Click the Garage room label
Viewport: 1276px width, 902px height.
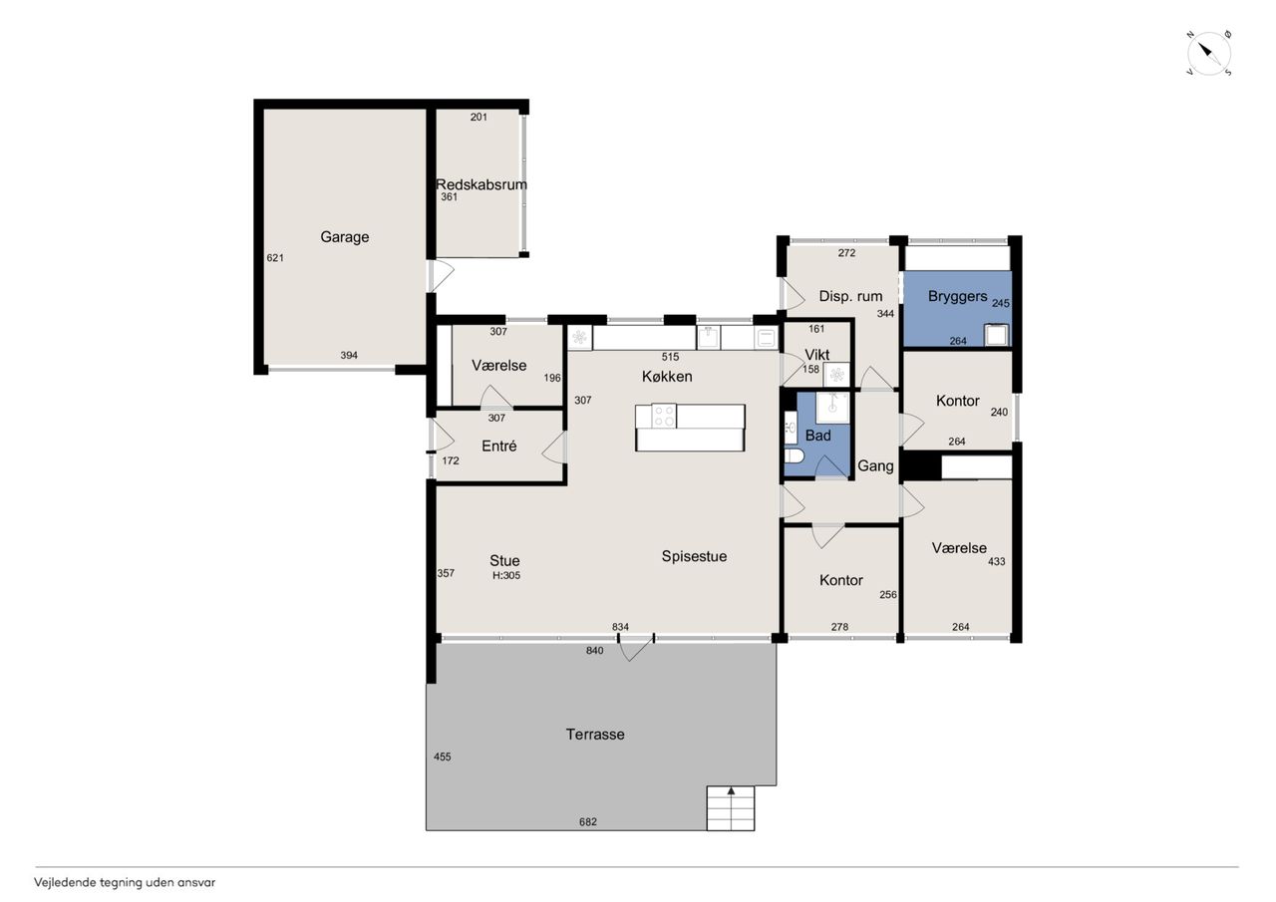pyautogui.click(x=345, y=237)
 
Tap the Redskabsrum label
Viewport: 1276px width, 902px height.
pyautogui.click(x=481, y=184)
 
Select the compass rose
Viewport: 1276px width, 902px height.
pyautogui.click(x=1209, y=54)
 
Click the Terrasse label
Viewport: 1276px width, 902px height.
pyautogui.click(x=595, y=734)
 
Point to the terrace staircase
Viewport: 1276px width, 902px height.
pyautogui.click(x=731, y=808)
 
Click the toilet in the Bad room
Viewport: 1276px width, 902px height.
pyautogui.click(x=795, y=455)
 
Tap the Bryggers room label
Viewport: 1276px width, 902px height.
pyautogui.click(x=958, y=296)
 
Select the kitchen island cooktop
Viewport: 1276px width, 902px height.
pyautogui.click(x=664, y=416)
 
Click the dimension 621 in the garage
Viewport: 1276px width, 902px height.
pyautogui.click(x=275, y=258)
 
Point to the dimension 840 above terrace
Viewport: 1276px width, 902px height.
pyautogui.click(x=595, y=650)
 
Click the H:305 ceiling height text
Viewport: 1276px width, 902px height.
pyautogui.click(x=506, y=575)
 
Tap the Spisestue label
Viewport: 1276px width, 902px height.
pyautogui.click(x=694, y=556)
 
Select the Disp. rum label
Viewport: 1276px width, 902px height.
pyautogui.click(x=850, y=296)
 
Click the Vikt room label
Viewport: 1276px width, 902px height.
pyautogui.click(x=816, y=355)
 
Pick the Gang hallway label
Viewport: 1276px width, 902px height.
pyautogui.click(x=875, y=465)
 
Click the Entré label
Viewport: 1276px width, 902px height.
pyautogui.click(x=499, y=446)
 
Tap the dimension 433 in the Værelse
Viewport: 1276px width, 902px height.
pyautogui.click(x=996, y=561)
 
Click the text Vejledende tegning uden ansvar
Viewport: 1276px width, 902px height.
pyautogui.click(x=125, y=883)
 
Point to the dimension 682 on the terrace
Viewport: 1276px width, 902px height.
pyautogui.click(x=588, y=821)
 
